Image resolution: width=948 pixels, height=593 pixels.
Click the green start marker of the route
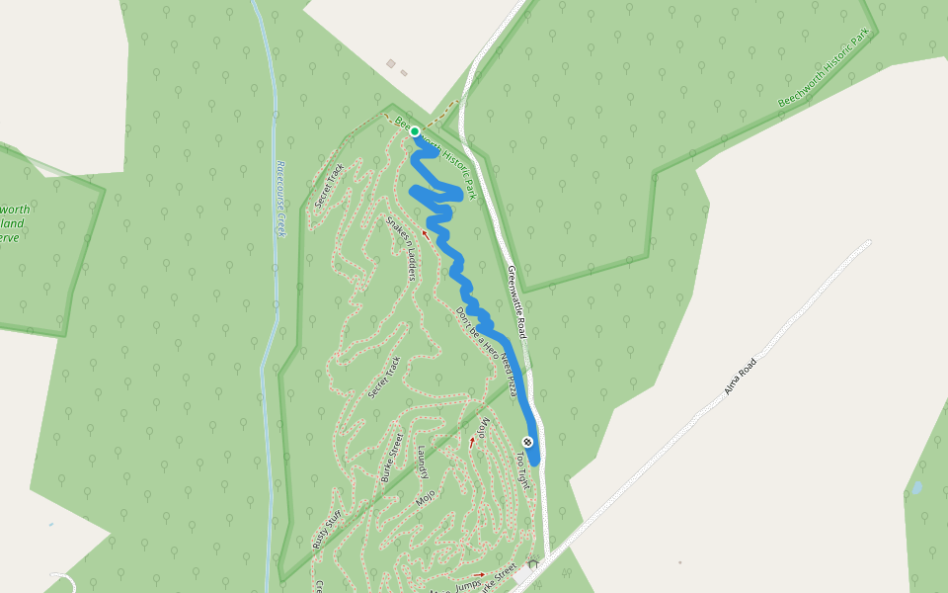415,131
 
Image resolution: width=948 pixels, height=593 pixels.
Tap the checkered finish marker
528,441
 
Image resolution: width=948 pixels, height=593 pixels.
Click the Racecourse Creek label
280,199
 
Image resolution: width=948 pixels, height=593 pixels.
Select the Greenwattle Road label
517,301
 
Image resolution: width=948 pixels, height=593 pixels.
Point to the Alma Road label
740,376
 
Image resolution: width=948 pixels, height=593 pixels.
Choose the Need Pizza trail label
510,375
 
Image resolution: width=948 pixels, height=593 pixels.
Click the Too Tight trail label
522,471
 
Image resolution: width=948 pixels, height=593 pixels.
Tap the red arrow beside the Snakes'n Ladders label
426,234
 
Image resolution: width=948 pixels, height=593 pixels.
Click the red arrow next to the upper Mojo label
472,442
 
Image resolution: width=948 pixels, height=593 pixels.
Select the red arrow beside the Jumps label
479,574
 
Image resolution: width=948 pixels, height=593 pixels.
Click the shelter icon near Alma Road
533,564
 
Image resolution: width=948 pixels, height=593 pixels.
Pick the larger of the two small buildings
391,64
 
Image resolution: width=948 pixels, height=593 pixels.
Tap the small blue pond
917,488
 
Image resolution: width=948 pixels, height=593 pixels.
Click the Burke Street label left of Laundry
392,458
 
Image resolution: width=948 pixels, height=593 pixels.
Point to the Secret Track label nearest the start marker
328,185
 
